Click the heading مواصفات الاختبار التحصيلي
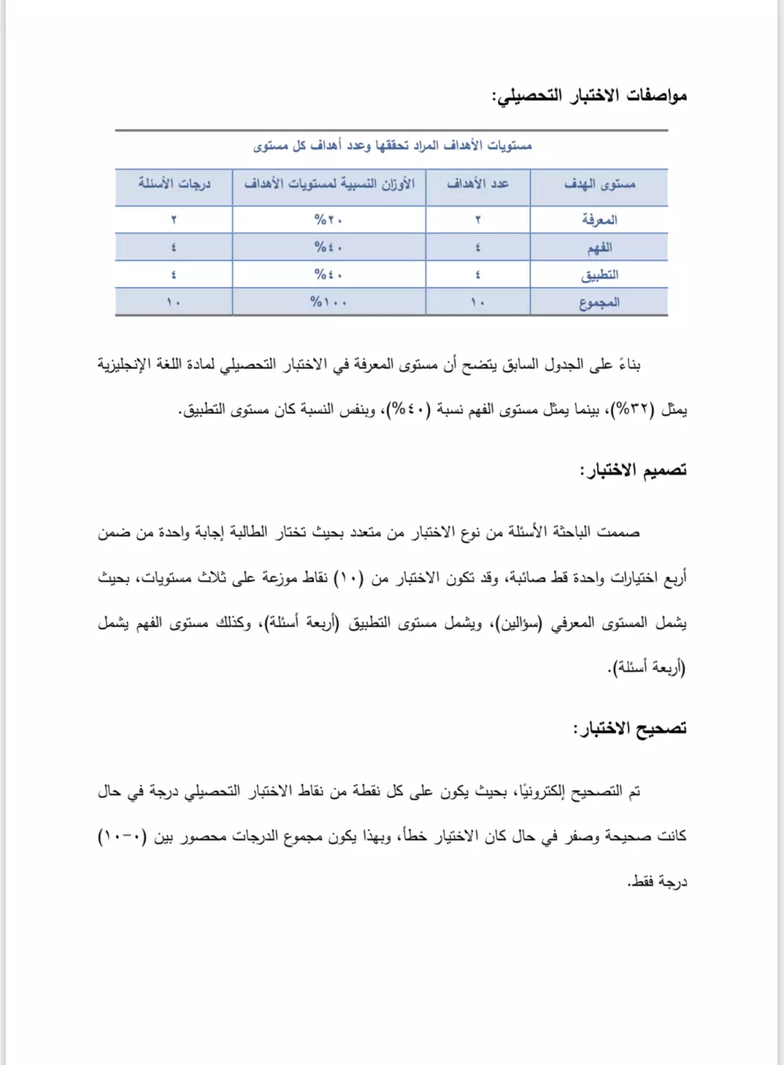(x=589, y=96)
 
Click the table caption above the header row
(x=392, y=146)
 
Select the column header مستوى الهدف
(x=599, y=184)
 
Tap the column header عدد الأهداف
(x=477, y=184)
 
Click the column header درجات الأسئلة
(x=174, y=184)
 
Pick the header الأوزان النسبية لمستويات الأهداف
(x=329, y=184)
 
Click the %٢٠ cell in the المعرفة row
(x=328, y=220)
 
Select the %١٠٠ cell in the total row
(x=328, y=302)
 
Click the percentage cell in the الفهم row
(x=328, y=248)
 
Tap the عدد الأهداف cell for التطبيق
(x=477, y=275)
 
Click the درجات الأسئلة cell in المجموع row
(x=173, y=302)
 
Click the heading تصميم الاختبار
(x=633, y=471)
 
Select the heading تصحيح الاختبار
(x=630, y=729)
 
